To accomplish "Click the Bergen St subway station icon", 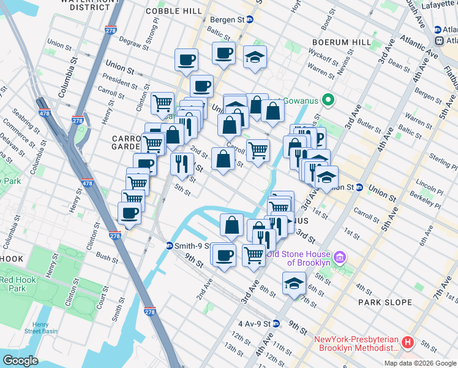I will (250, 20).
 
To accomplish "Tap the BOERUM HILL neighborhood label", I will (338, 42).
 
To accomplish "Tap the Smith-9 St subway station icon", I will (170, 246).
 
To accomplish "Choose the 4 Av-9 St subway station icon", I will (276, 323).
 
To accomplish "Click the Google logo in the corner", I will (20, 360).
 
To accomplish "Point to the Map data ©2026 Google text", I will (420, 363).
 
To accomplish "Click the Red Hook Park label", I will (13, 284).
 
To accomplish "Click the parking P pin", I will (317, 138).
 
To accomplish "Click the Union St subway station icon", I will (359, 187).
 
